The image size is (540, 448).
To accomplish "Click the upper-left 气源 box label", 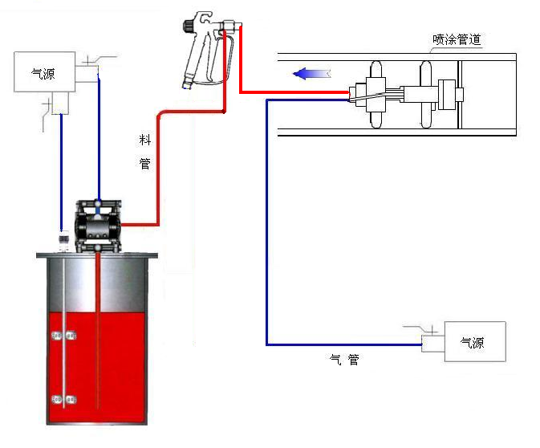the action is tap(43, 73).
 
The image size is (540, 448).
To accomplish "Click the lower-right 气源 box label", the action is tap(472, 342).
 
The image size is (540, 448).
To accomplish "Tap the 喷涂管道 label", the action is tap(457, 39).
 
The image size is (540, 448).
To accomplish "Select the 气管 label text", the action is tap(344, 360).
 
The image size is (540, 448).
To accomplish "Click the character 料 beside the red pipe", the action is tap(145, 140).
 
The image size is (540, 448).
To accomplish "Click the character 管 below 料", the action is tap(145, 163).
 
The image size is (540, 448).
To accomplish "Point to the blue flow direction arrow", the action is tap(311, 74).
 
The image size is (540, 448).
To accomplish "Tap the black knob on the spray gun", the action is tap(189, 26).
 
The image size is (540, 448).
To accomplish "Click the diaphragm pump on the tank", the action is tap(98, 226).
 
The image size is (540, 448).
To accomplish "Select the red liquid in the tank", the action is tap(97, 368).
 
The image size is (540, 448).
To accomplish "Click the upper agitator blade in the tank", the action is tap(64, 335).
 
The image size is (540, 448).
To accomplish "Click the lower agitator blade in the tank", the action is tap(64, 399).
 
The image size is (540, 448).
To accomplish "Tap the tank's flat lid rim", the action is tap(97, 255).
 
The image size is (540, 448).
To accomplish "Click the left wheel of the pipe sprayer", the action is tap(376, 95).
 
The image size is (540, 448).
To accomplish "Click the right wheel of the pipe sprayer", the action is tap(426, 95).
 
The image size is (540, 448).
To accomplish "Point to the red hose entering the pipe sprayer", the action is tap(294, 92).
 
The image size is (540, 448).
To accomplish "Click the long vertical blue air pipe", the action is tap(267, 222).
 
